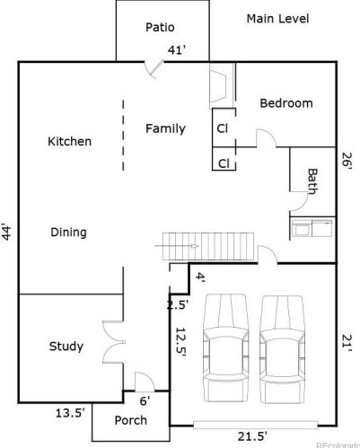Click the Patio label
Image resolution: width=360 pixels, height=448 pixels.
point(160,27)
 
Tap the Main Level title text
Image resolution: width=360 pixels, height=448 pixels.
point(277,19)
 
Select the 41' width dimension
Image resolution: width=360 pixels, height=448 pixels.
point(177,49)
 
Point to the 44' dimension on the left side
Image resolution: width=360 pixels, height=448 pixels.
point(6,232)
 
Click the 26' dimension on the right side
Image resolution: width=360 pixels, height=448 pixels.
point(347,162)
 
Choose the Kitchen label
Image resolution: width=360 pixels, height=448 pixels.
point(70,141)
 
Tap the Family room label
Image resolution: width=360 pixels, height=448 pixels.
point(165,128)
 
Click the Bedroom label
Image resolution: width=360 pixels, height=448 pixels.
point(286,103)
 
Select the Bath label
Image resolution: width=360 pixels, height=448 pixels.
point(312,181)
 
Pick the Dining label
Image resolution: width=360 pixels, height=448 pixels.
point(69,233)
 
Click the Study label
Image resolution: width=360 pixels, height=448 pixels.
point(66,347)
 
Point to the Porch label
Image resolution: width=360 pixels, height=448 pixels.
point(131,420)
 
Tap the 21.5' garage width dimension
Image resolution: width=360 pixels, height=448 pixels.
point(252,436)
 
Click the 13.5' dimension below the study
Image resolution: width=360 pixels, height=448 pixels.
point(70,413)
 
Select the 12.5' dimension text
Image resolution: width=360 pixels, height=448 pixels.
point(180,342)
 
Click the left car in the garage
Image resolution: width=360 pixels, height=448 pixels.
point(226,348)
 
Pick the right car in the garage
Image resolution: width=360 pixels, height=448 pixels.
point(283,349)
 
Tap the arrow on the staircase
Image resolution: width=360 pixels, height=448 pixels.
point(176,246)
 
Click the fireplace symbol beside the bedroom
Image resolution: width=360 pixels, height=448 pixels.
point(219,85)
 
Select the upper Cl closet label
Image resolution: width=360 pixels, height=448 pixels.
point(223,128)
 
